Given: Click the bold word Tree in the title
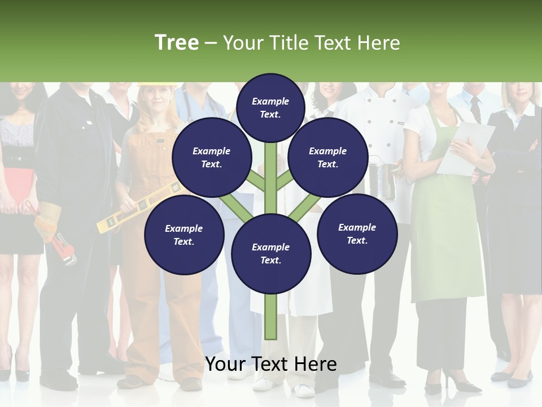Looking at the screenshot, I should pyautogui.click(x=177, y=43).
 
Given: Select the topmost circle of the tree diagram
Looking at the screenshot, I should pyautogui.click(x=270, y=107).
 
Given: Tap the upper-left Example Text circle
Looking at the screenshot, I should pyautogui.click(x=211, y=157).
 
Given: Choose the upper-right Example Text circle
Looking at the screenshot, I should pyautogui.click(x=327, y=157).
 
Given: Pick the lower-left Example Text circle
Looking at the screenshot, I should pyautogui.click(x=183, y=235).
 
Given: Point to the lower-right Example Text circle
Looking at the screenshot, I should pyautogui.click(x=357, y=233).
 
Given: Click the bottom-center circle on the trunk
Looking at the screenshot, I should pyautogui.click(x=270, y=253).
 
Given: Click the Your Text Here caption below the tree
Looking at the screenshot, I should pyautogui.click(x=270, y=365).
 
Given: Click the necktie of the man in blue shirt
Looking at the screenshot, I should pyautogui.click(x=475, y=109).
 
